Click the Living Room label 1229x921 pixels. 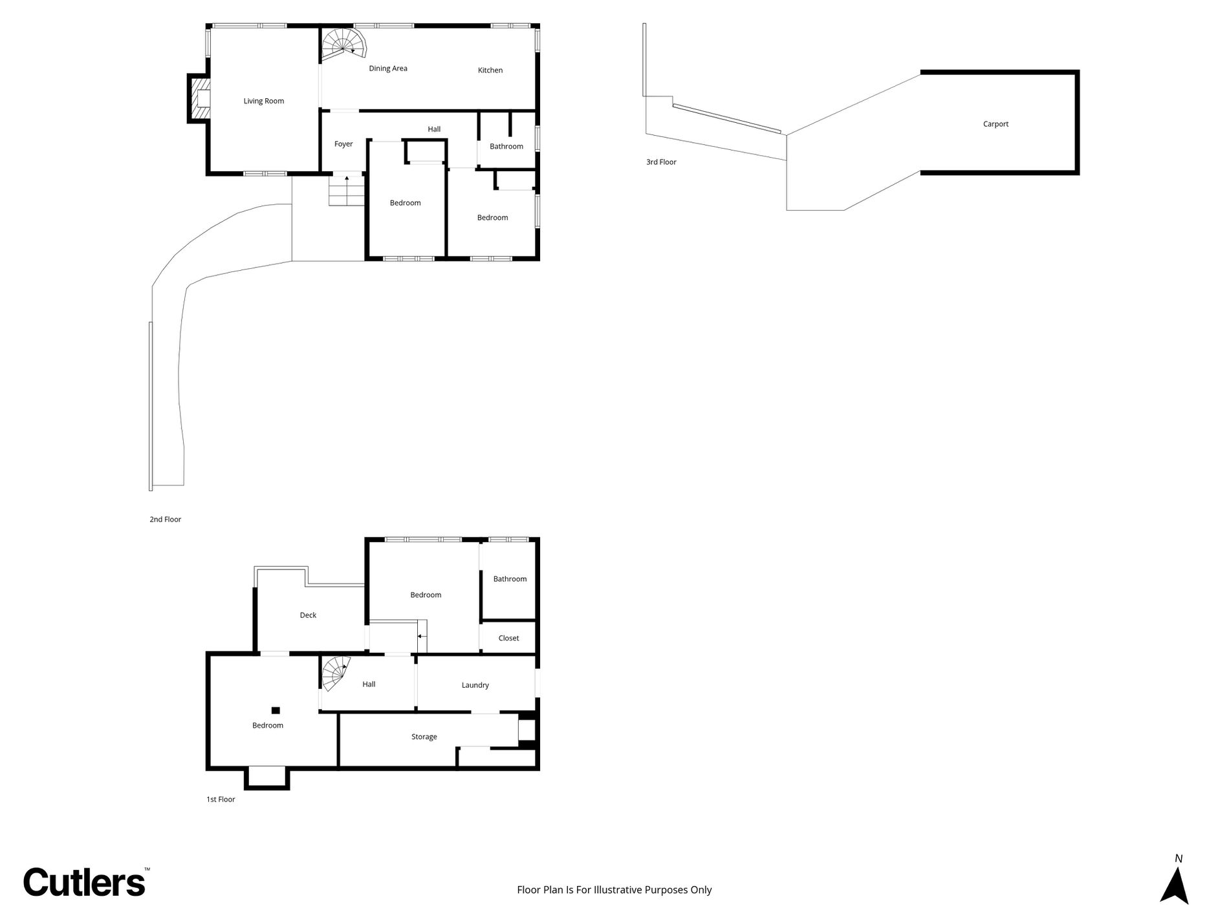click(263, 101)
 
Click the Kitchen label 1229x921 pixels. click(490, 70)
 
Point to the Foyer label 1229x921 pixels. click(343, 144)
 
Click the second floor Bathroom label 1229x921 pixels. click(506, 146)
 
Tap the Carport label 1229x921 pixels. click(995, 124)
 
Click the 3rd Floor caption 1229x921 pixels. click(661, 162)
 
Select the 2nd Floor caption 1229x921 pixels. click(165, 519)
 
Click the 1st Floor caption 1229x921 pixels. click(221, 799)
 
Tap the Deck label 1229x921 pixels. click(308, 615)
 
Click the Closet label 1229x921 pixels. click(508, 638)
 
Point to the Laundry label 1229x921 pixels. click(475, 685)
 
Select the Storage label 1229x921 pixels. click(424, 737)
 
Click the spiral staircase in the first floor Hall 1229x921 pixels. click(336, 674)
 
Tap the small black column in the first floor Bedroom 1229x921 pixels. click(276, 710)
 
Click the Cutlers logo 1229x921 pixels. click(85, 882)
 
